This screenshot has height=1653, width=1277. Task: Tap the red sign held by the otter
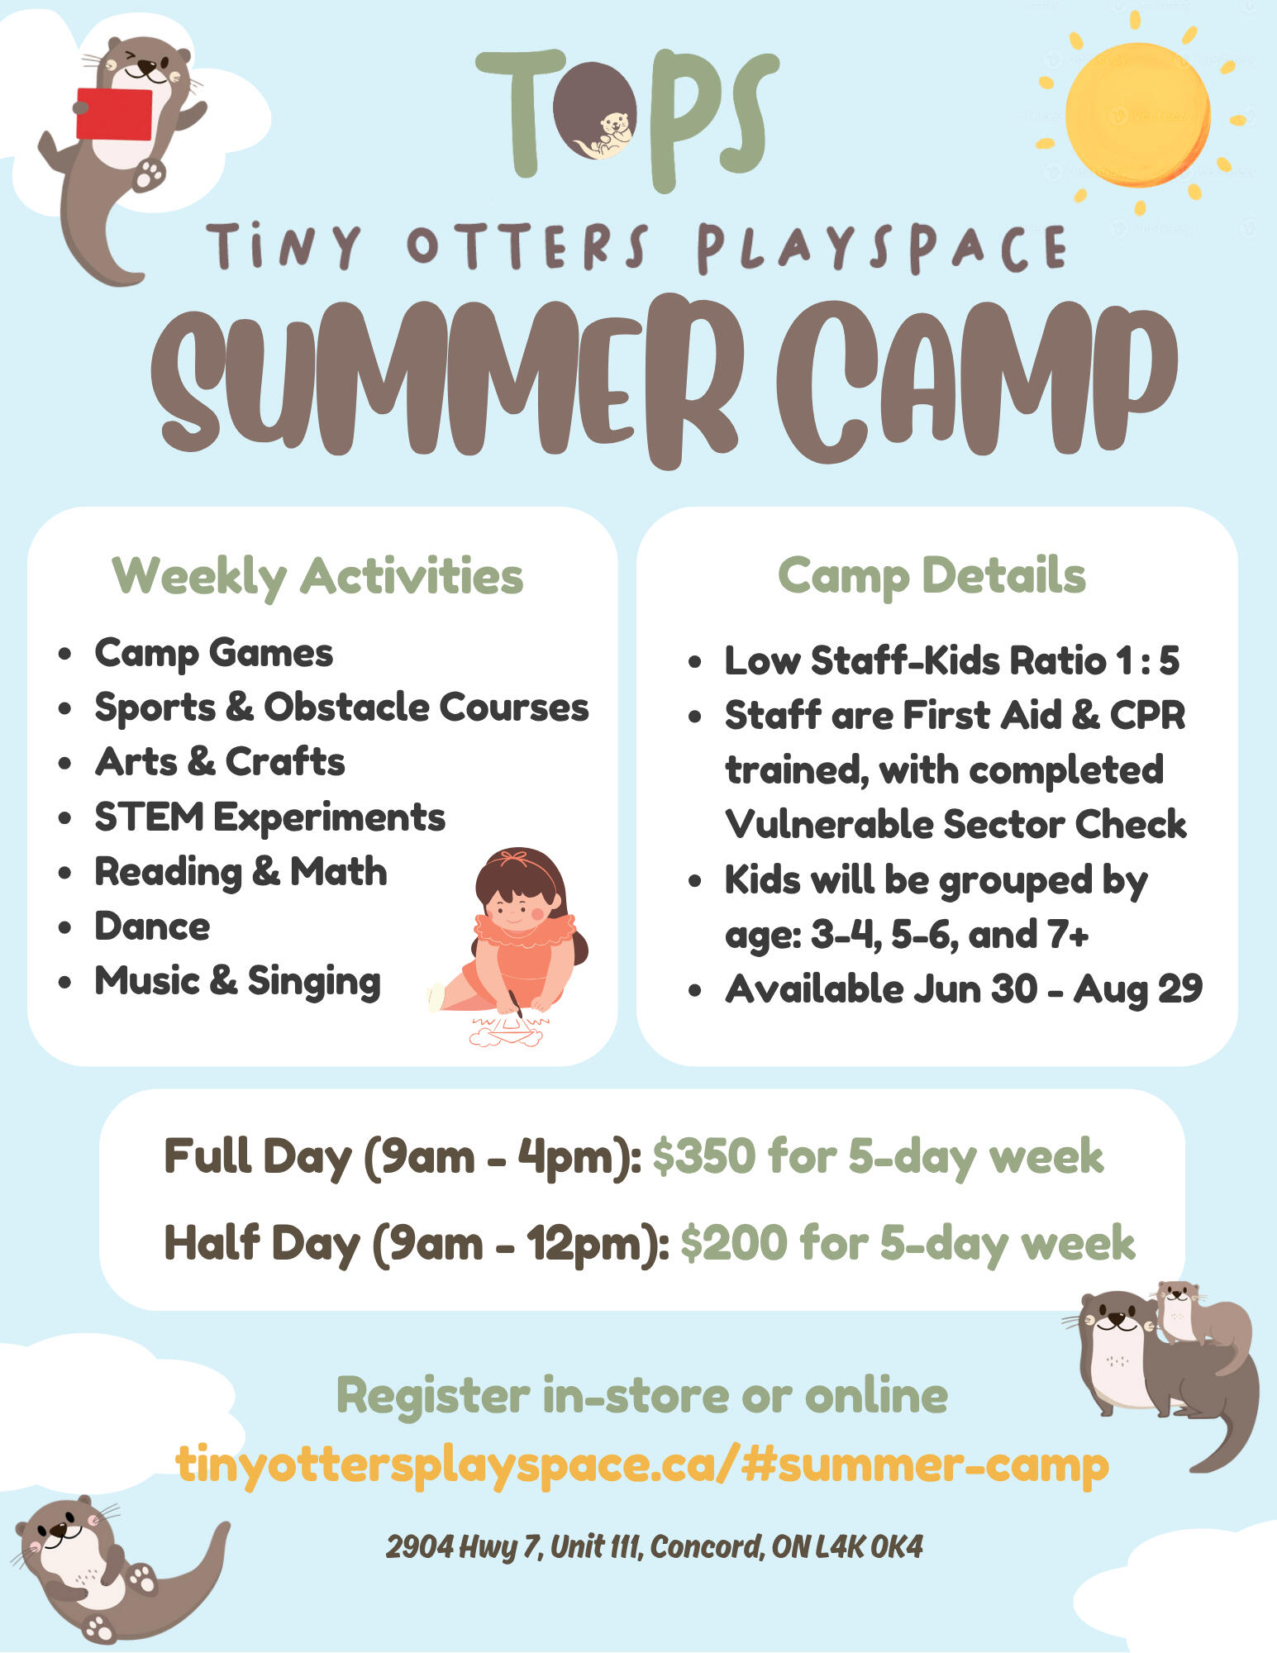pos(114,113)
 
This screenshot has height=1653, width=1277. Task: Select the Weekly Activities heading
pos(317,576)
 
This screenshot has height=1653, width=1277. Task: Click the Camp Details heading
pos(932,575)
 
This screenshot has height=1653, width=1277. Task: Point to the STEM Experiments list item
pos(269,817)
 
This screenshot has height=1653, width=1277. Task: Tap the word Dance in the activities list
pos(152,926)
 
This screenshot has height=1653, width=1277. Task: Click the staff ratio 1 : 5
pos(1147,660)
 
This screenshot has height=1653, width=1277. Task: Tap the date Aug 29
pos(1138,988)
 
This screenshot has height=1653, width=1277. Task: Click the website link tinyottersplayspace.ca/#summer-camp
pos(642,1465)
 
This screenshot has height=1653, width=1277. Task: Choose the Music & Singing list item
pos(237,981)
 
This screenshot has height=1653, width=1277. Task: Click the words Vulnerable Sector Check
pos(955,824)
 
